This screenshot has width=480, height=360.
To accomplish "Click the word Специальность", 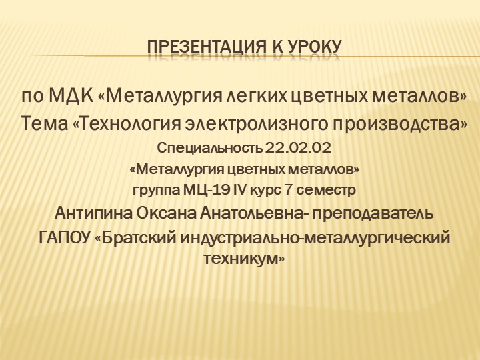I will pyautogui.click(x=209, y=147).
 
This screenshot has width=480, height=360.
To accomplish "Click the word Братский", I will pyautogui.click(x=137, y=238).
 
